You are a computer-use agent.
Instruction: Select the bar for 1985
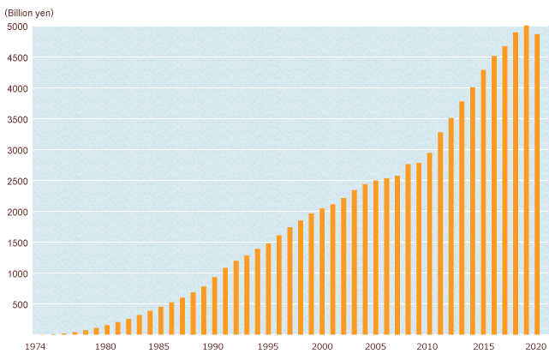[x=161, y=321]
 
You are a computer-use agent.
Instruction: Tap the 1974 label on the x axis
[x=35, y=346]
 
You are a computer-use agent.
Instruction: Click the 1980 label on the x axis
[x=106, y=346]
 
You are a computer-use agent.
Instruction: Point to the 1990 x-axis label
[x=213, y=346]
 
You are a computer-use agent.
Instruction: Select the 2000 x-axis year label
[x=321, y=346]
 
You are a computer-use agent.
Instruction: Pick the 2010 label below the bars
[x=428, y=346]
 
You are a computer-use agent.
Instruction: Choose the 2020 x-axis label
[x=535, y=346]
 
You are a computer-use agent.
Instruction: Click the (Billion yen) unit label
[x=29, y=12]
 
